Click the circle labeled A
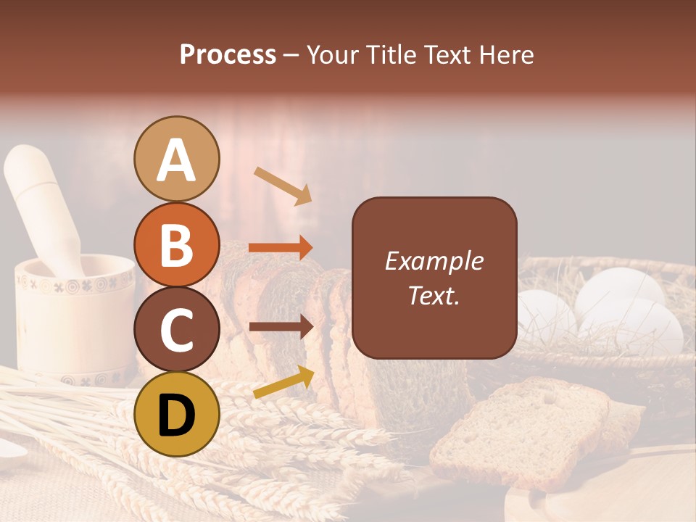pos(176,159)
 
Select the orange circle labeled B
pos(176,245)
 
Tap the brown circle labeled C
pos(176,329)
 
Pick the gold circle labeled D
pos(176,414)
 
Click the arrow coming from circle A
pos(282,186)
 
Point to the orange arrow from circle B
pos(281,247)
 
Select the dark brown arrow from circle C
pos(281,327)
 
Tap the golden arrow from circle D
pos(283,382)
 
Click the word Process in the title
pos(228,54)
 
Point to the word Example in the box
pos(434,261)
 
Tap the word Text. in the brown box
pos(434,295)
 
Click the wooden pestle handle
pos(41,203)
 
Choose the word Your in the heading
pos(333,54)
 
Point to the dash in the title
pos(291,56)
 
